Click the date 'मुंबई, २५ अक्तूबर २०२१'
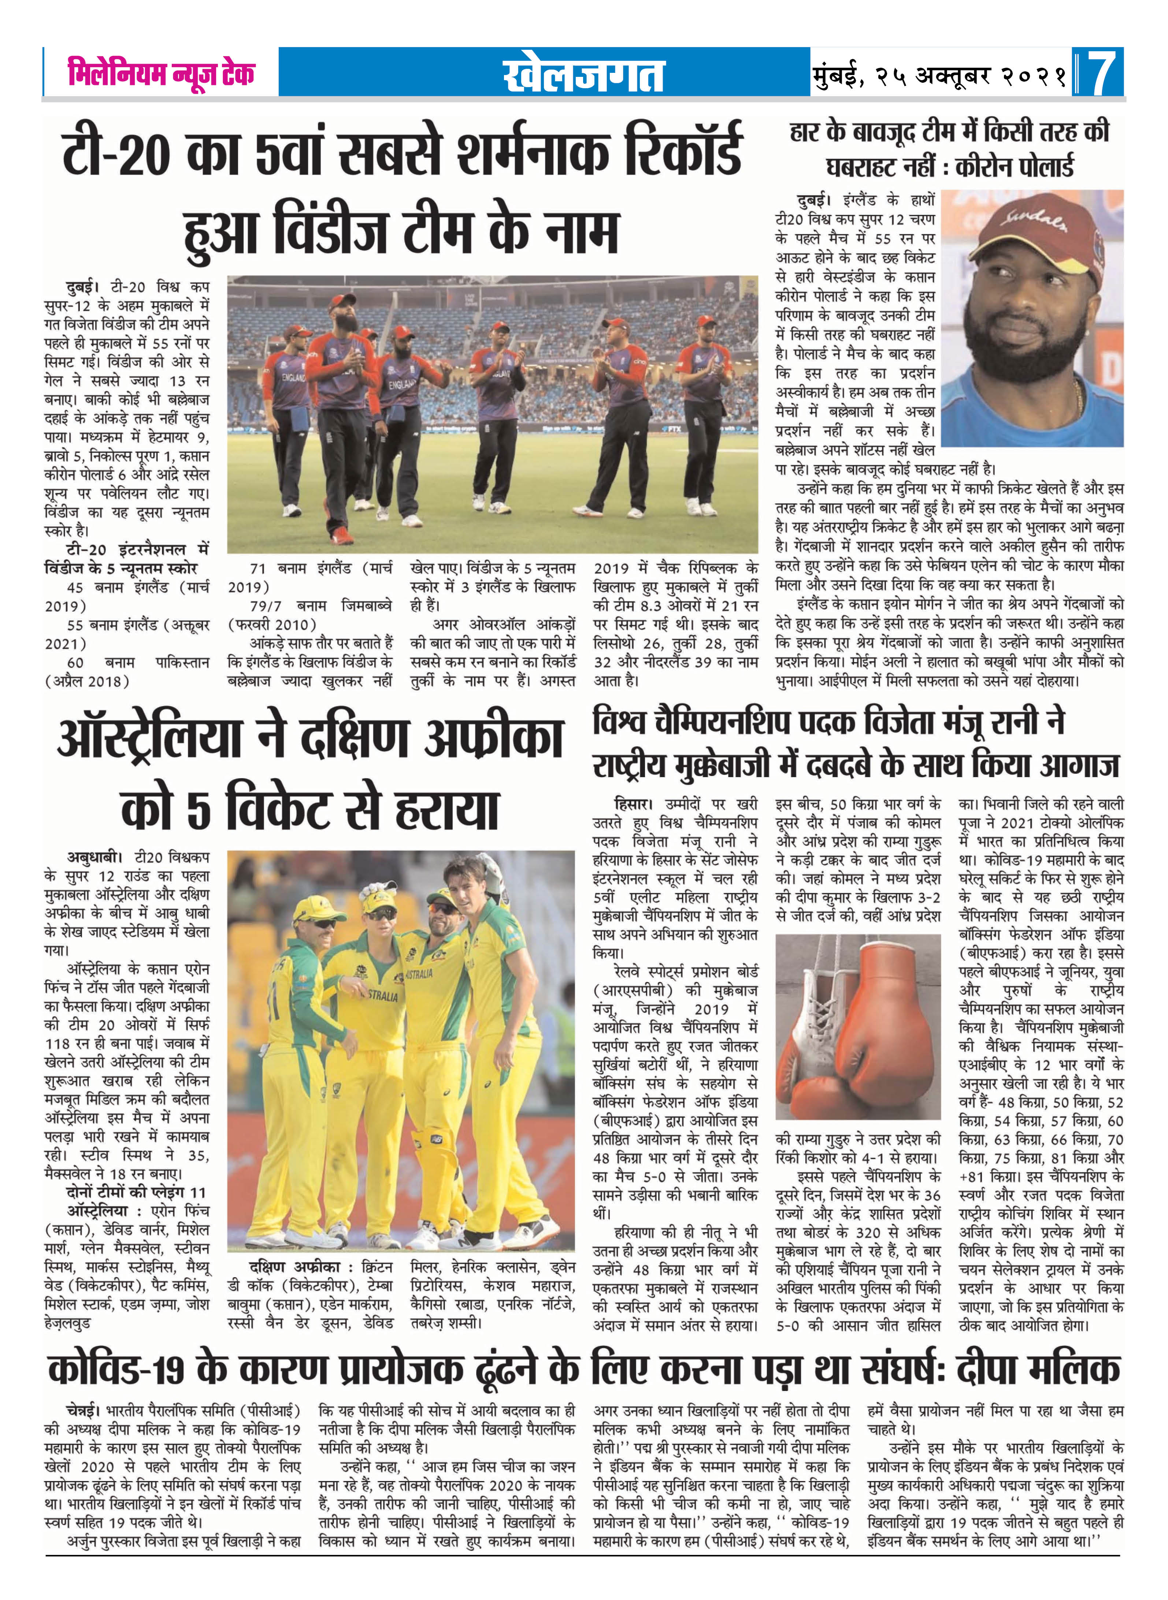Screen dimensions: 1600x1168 tap(940, 73)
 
